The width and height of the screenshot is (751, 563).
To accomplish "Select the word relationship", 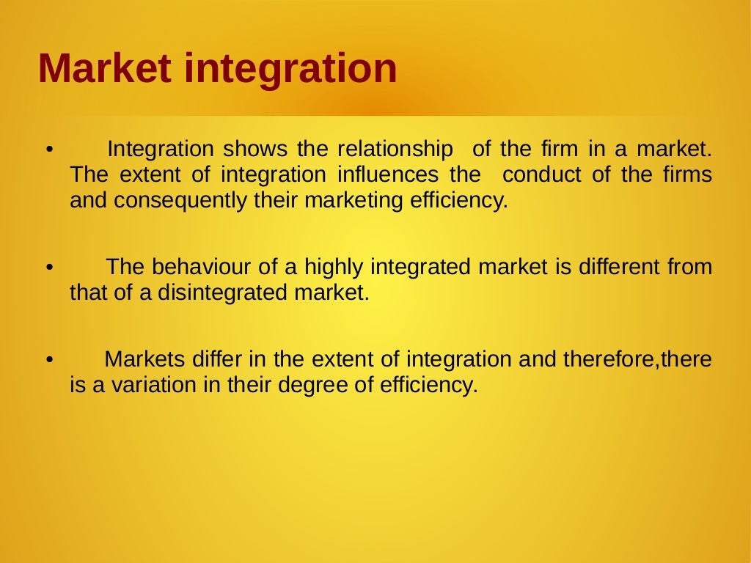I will (x=395, y=150).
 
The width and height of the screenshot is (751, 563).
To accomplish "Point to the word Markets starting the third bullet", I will (x=144, y=359).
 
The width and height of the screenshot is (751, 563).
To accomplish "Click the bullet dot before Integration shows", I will (x=48, y=152).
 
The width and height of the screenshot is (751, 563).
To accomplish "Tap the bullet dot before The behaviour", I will (x=48, y=269).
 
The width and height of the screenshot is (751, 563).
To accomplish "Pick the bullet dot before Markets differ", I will (x=48, y=361).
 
